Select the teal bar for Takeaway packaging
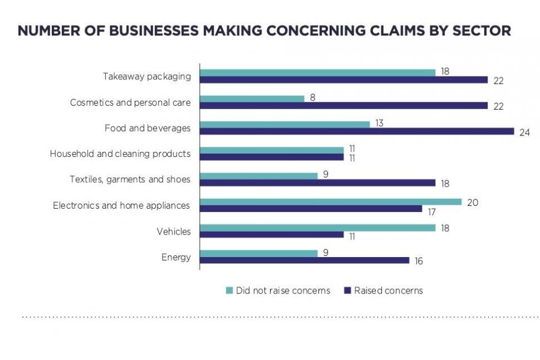click(318, 72)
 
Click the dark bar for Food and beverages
click(357, 131)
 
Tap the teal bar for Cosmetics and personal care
click(252, 98)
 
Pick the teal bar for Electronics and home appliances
click(331, 201)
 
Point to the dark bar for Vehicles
click(272, 235)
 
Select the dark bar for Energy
click(304, 260)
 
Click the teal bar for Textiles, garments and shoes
click(259, 175)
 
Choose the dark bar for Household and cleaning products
click(272, 157)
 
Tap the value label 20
click(472, 202)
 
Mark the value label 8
click(312, 98)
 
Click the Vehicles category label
click(174, 232)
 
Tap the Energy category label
click(176, 258)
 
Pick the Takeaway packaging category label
click(147, 76)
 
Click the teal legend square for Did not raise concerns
click(229, 290)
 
